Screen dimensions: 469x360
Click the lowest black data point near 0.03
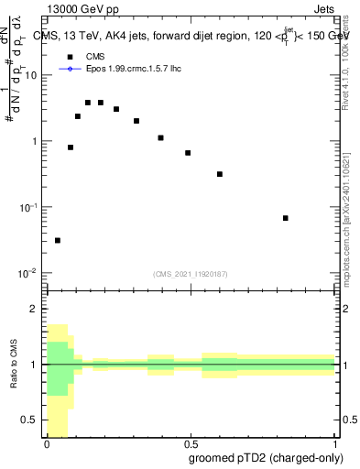(x=58, y=240)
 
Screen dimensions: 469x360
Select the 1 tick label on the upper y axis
(x=33, y=141)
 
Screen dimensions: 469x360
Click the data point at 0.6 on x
(x=220, y=174)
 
